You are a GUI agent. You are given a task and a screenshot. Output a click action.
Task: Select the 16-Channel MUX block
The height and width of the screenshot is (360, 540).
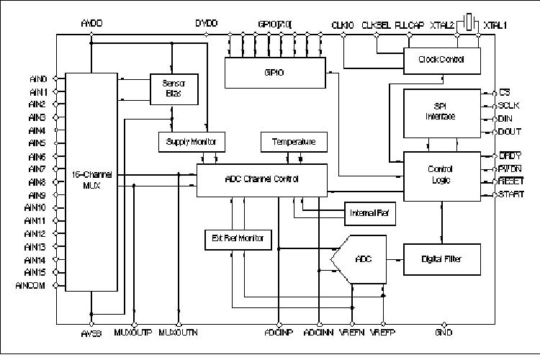[90, 181]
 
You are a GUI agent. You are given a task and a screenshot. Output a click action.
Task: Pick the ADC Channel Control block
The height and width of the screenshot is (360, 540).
[261, 179]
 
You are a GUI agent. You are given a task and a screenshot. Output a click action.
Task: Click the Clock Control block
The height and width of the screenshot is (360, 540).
[441, 59]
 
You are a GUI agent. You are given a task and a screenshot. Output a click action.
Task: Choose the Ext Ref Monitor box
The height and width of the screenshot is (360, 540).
[238, 238]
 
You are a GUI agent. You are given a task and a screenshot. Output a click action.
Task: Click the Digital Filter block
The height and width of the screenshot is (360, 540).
[441, 258]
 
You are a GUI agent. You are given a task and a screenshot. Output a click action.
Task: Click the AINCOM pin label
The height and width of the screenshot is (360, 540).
[30, 285]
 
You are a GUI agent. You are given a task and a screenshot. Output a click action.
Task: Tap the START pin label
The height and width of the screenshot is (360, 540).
[511, 194]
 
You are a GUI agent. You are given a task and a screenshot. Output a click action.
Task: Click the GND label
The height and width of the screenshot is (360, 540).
[444, 333]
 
